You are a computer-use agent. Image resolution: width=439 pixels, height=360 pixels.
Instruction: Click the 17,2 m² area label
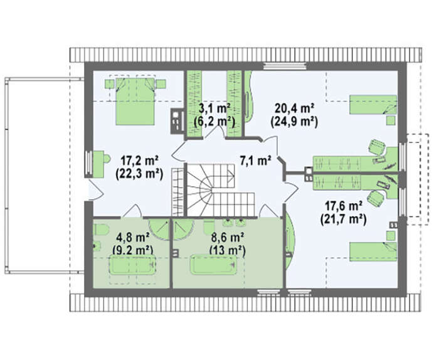tap(139, 161)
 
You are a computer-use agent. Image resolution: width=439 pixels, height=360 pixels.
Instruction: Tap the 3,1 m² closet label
tap(214, 108)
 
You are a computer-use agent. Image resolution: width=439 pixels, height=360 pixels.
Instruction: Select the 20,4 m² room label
tap(294, 108)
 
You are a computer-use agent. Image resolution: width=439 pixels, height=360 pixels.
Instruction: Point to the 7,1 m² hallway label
tap(255, 161)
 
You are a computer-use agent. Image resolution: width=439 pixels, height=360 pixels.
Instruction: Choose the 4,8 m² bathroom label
tap(132, 238)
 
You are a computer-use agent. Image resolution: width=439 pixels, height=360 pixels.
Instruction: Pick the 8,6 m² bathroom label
tap(227, 238)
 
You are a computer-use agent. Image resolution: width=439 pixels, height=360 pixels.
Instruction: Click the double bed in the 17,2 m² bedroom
tap(135, 102)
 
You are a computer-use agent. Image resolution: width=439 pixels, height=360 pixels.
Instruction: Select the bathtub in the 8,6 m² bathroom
tap(214, 264)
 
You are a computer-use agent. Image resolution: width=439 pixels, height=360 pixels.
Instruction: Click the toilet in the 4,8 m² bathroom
tap(100, 230)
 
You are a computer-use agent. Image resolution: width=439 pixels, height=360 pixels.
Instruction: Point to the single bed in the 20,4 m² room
tap(373, 105)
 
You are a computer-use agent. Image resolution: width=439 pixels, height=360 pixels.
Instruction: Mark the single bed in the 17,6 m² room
tap(373, 251)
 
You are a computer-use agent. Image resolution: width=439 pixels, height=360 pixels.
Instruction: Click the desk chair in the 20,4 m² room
tap(376, 147)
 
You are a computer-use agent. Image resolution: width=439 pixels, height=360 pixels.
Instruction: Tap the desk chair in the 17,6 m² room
tap(376, 198)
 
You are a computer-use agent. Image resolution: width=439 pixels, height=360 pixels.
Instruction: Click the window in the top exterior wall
tap(285, 66)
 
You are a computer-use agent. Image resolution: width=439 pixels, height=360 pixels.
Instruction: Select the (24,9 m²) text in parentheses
tap(294, 122)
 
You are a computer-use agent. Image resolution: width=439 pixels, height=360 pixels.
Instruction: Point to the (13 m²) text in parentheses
tap(227, 250)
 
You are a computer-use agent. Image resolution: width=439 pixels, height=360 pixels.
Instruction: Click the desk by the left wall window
tap(98, 164)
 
